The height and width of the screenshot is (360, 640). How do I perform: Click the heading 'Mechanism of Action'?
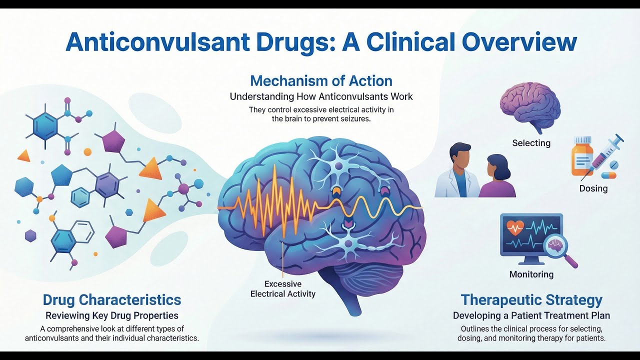pos(321,80)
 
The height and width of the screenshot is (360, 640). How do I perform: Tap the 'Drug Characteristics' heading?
pos(112,300)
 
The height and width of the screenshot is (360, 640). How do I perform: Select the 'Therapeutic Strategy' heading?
pos(531,300)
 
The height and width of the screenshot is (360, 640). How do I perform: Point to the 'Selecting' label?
pos(531,143)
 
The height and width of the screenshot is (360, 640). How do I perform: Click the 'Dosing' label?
pos(593,188)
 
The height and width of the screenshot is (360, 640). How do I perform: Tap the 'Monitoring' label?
pos(531,274)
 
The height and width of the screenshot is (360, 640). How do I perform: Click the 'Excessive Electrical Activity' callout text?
pos(283,289)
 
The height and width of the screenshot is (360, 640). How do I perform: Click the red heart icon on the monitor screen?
pos(515,228)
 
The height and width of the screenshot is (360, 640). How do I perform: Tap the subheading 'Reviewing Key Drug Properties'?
pos(112,315)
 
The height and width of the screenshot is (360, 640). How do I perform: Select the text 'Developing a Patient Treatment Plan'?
pos(531,315)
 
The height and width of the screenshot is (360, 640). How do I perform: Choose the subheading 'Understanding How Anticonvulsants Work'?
pos(321,96)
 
